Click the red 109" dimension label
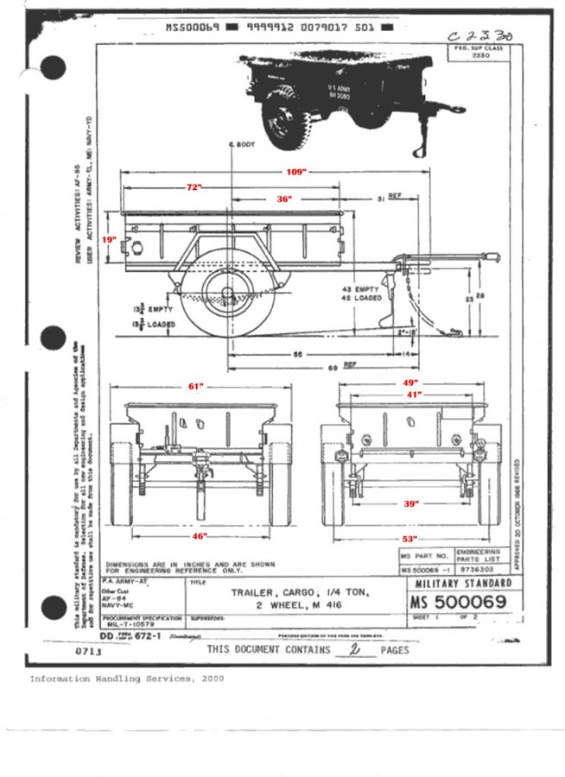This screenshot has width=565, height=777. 297,172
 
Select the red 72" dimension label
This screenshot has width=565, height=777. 194,187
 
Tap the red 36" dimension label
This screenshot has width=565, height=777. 284,199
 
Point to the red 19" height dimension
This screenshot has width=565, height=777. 108,239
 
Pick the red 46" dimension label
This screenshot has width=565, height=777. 200,536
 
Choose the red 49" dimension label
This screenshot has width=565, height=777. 410,382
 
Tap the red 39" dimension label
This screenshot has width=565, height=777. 411,502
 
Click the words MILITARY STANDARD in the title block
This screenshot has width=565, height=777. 463,584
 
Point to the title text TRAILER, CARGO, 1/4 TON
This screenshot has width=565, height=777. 300,592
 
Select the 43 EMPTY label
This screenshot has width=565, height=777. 360,287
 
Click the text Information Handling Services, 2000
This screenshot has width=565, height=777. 127,679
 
